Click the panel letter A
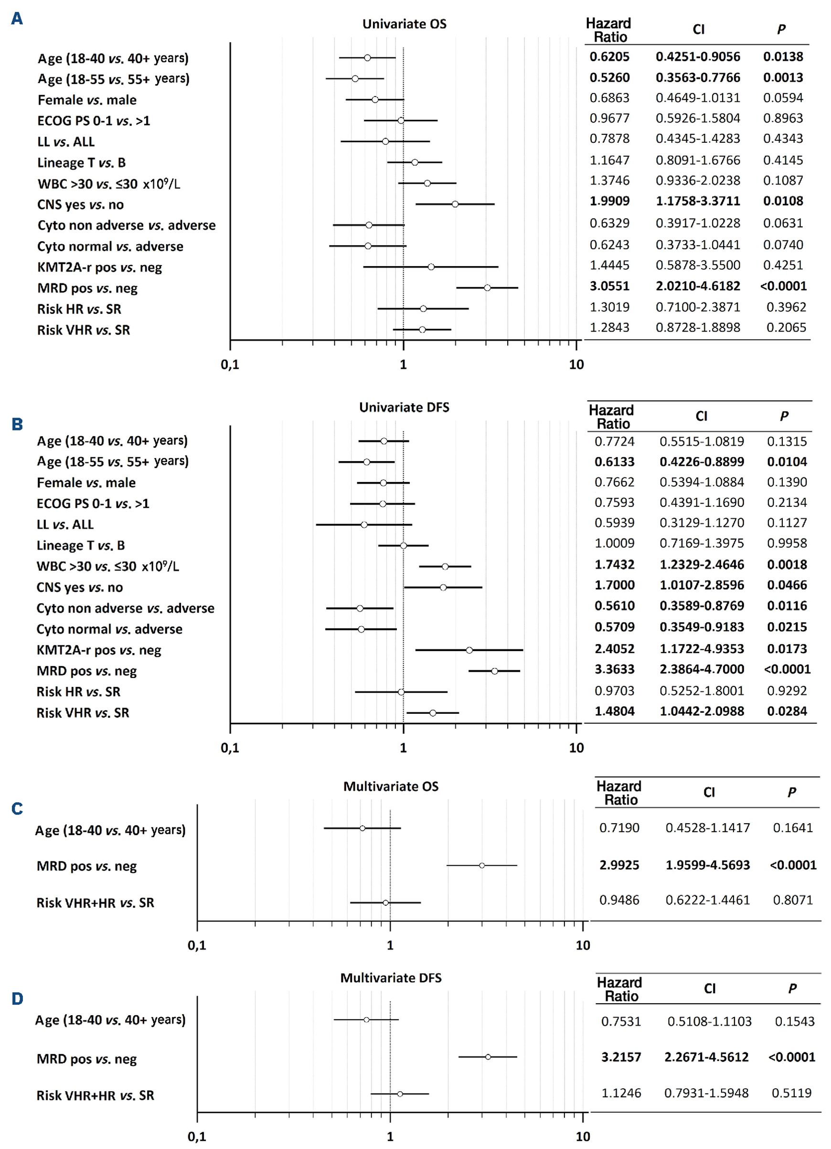tap(17, 19)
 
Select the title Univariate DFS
tap(404, 408)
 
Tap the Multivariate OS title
tap(391, 786)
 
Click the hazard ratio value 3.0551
tap(609, 286)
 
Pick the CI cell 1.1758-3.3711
tap(697, 201)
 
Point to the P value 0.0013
tap(783, 77)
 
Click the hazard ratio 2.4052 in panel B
tap(614, 648)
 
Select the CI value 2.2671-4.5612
tap(706, 1057)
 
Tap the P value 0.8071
tap(792, 900)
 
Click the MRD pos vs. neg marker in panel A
tap(487, 288)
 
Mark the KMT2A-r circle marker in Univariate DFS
tap(469, 650)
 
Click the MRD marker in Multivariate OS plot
tap(481, 865)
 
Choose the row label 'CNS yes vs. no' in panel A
tap(81, 204)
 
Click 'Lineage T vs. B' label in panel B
tap(81, 546)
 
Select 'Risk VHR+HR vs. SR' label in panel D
tap(95, 1095)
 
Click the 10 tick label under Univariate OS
tap(576, 364)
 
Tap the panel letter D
tap(17, 999)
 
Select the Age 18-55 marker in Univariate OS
tap(355, 78)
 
